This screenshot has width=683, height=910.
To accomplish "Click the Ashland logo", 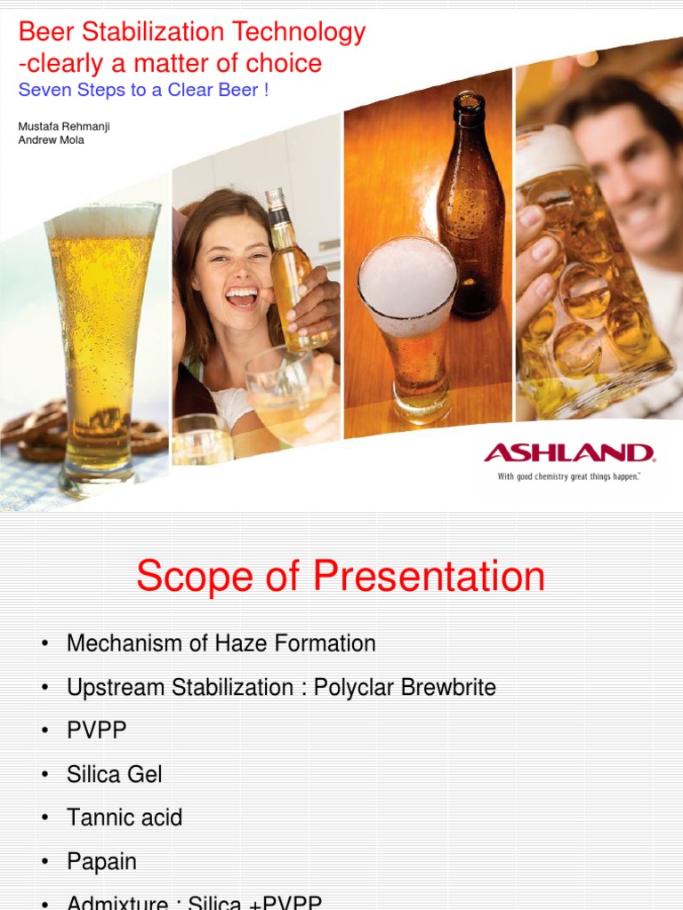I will [569, 453].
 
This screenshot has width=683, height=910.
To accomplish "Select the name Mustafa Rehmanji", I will [64, 126].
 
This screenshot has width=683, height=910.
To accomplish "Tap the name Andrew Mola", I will [52, 140].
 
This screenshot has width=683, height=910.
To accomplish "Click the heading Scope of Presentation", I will [341, 576].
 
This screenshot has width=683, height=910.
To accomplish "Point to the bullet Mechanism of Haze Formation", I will [221, 643].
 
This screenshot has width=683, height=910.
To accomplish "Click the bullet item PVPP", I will [96, 730].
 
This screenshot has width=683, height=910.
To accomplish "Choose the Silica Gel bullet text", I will [114, 774].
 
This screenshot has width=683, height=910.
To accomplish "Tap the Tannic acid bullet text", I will [124, 818].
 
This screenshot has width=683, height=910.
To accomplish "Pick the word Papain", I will [101, 861].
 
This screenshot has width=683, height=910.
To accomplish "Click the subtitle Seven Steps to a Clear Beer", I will [143, 91].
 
